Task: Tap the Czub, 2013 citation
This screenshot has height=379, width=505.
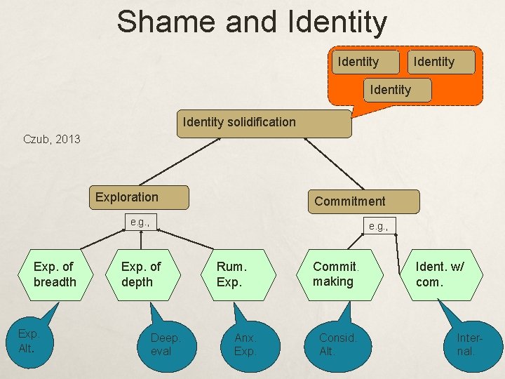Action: click(52, 139)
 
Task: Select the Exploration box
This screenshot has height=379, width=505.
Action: click(139, 197)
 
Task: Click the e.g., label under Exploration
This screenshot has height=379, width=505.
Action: click(141, 222)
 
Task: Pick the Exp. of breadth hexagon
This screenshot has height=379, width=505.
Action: click(54, 274)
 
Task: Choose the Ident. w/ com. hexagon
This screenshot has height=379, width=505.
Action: click(440, 274)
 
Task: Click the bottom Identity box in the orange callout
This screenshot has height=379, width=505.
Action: click(390, 90)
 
